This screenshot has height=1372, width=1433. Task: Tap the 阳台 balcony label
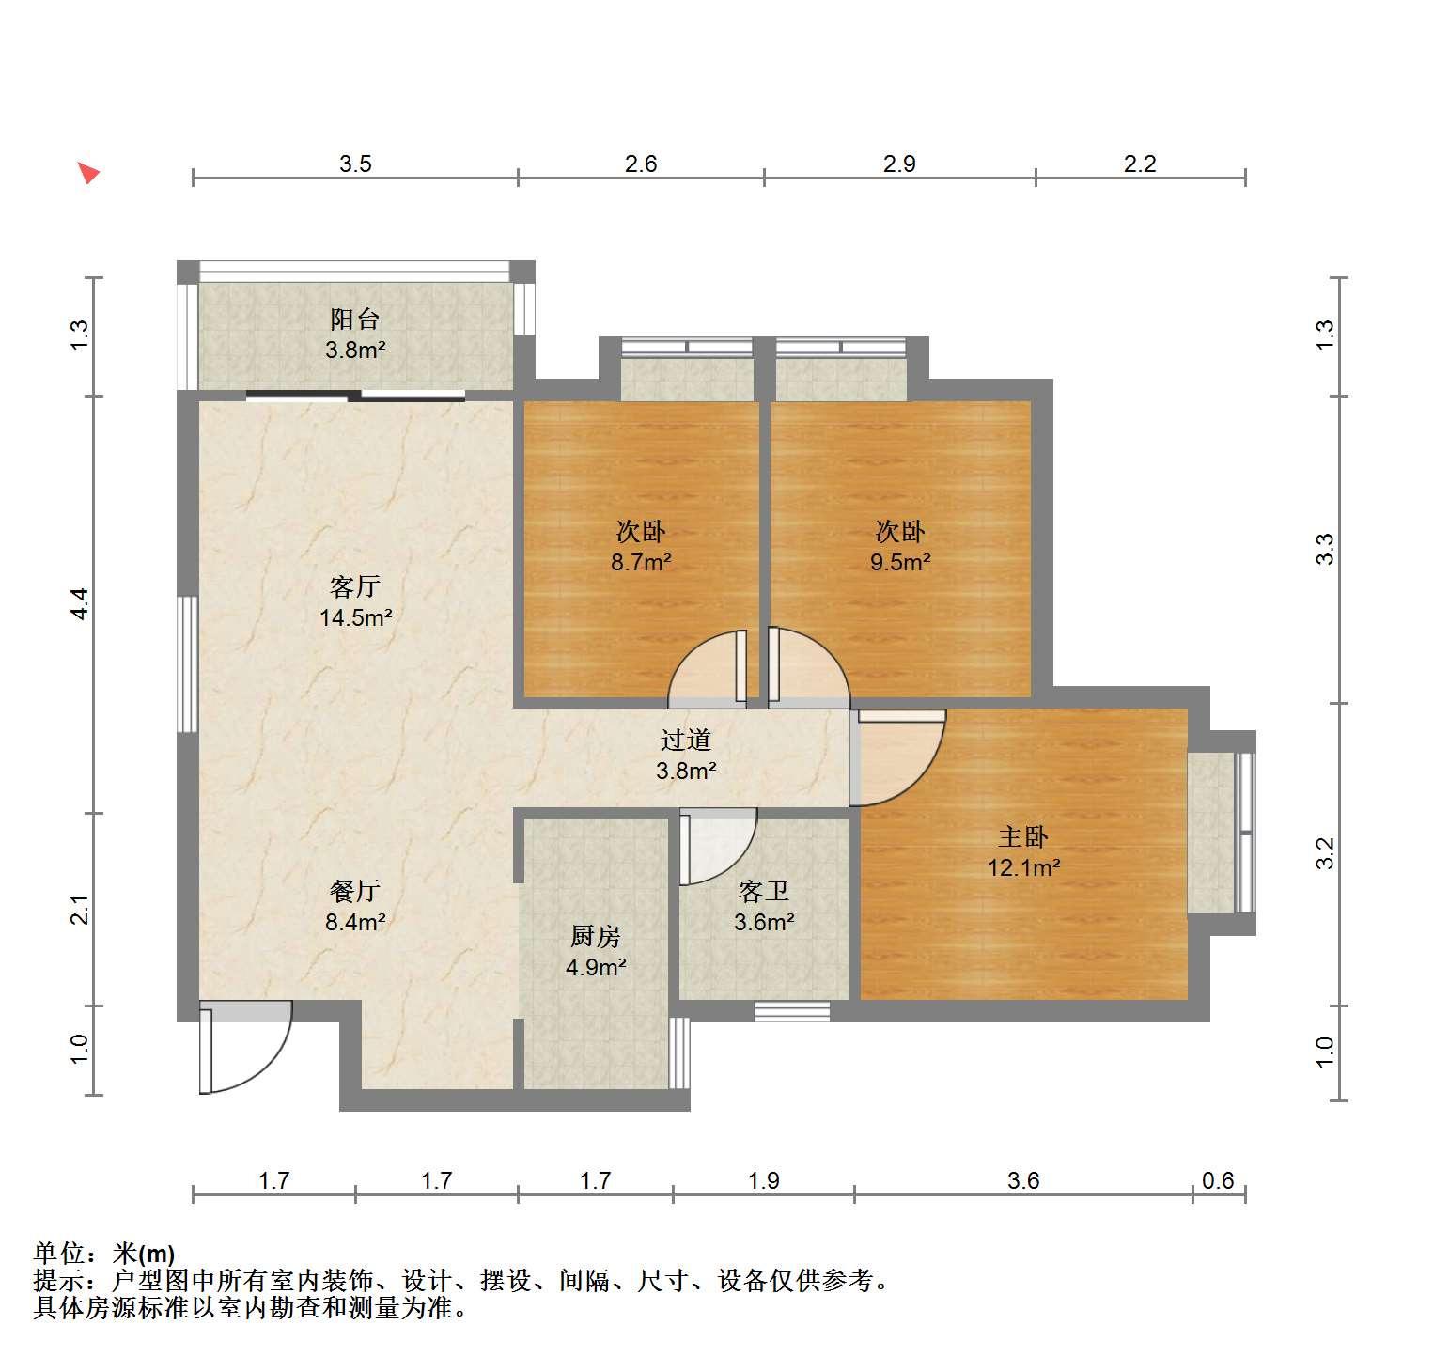coord(354,320)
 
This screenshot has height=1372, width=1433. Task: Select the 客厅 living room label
coord(354,587)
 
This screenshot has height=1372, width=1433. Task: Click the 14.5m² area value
coord(355,618)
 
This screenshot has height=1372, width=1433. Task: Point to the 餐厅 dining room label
coord(354,891)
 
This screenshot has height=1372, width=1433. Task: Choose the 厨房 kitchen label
coord(596,936)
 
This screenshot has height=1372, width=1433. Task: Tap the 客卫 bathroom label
coord(763,891)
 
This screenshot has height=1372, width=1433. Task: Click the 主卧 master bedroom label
coord(1022,836)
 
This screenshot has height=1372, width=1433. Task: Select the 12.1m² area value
coord(1023,867)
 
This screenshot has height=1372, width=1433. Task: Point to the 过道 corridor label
coord(685,741)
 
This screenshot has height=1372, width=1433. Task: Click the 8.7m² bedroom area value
coord(641,563)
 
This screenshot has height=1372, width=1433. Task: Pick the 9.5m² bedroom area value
coord(900,563)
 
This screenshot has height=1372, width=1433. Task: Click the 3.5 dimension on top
coord(355,164)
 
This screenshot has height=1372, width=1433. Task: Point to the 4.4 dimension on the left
coord(80,603)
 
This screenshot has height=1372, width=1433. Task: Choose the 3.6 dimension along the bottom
coord(1023,1180)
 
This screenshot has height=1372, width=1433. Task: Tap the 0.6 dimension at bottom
coord(1218,1180)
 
